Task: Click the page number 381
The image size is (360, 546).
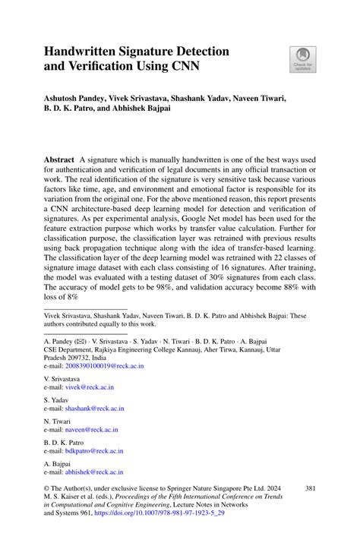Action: (x=309, y=488)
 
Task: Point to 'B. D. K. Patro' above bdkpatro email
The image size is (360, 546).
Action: (x=65, y=442)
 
